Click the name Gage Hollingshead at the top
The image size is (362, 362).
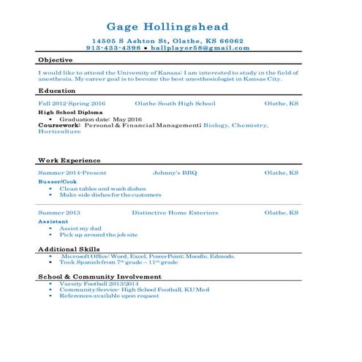coord(167,27)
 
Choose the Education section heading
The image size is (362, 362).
coord(57,91)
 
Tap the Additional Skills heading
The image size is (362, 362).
coord(69,249)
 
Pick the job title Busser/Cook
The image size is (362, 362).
coord(57,181)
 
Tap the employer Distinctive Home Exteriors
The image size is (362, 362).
coord(176,213)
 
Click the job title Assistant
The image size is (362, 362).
coord(53,221)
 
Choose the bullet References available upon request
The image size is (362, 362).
coord(109,295)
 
